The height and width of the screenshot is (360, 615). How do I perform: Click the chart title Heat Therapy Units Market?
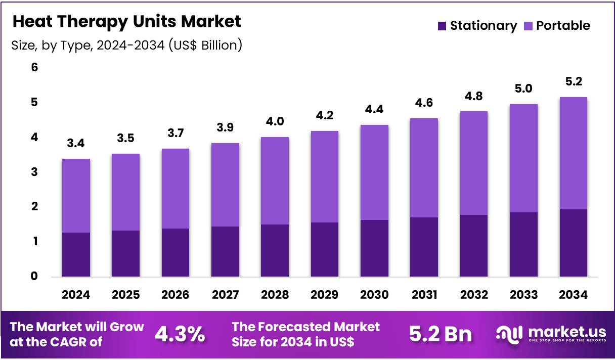click(x=126, y=22)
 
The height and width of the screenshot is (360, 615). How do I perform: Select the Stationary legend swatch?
click(x=442, y=26)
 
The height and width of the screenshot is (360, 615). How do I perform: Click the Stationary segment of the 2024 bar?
click(x=76, y=254)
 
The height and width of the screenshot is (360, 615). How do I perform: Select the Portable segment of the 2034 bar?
click(x=573, y=153)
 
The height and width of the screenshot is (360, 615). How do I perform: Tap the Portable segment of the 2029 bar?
click(x=324, y=176)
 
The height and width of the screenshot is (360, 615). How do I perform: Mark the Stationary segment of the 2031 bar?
click(x=424, y=247)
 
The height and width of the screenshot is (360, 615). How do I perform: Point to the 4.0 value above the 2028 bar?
click(x=275, y=122)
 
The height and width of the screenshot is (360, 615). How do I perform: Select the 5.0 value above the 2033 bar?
click(x=523, y=89)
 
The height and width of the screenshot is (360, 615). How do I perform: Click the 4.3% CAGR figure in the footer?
click(x=180, y=334)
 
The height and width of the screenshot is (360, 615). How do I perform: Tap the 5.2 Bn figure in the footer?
click(x=440, y=334)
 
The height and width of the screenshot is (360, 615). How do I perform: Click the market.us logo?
click(x=551, y=334)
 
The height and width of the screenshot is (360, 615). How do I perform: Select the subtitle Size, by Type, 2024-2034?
click(x=126, y=46)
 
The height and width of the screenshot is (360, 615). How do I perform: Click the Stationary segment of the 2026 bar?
click(x=175, y=252)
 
